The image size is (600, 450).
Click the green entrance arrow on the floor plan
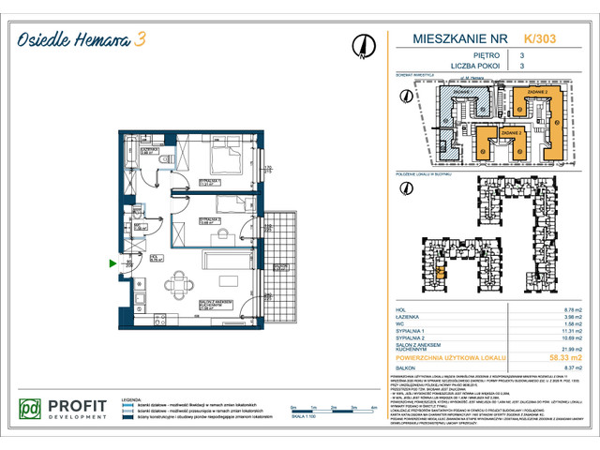point(114,265)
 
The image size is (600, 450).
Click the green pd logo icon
point(31,410)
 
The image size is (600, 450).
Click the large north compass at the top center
point(361,44)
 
